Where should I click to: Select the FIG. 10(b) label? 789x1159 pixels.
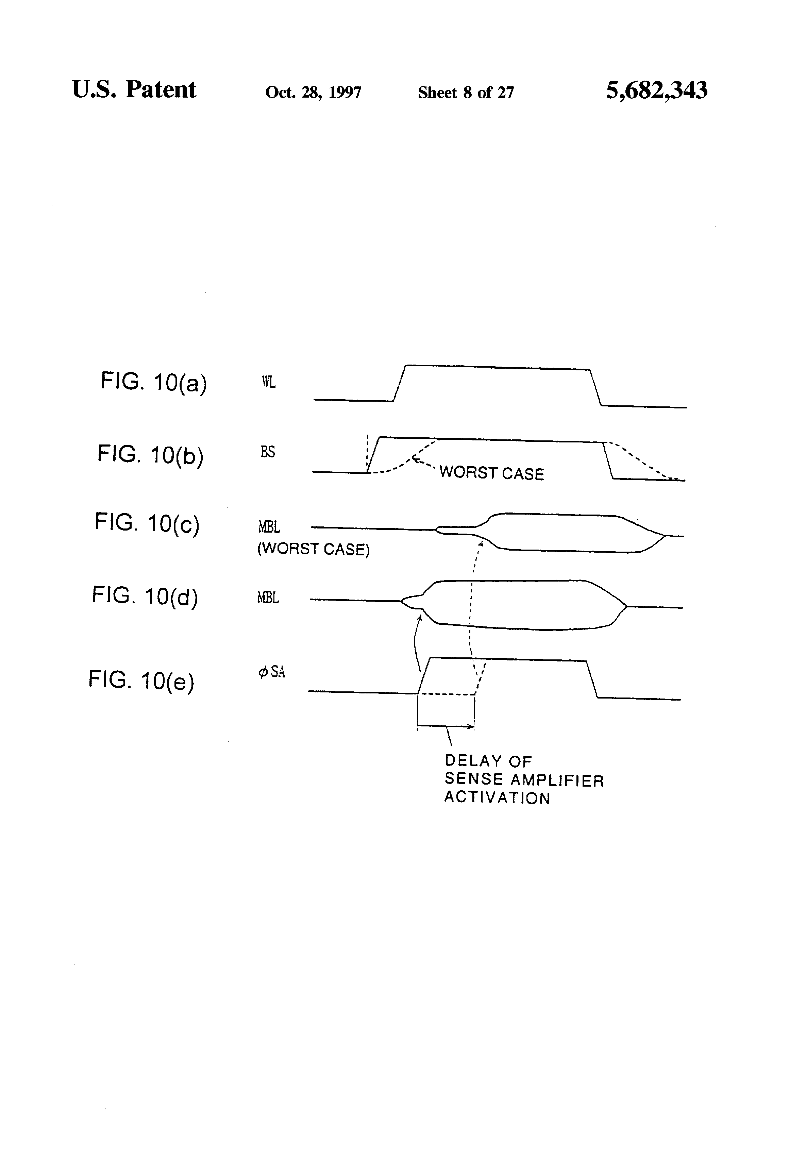coord(150,455)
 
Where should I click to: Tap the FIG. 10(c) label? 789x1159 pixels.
coord(147,523)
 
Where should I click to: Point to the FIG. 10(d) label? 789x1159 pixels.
coord(145,596)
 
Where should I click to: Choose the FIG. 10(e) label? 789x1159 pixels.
coord(141,680)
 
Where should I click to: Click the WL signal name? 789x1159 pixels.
coord(268,383)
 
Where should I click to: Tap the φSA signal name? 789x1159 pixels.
coord(272,672)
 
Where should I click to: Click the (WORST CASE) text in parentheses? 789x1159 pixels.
coord(313,549)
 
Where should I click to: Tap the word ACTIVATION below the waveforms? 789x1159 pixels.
coord(497,798)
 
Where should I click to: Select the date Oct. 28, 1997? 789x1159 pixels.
coord(313,92)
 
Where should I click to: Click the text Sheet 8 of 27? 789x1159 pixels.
coord(466,92)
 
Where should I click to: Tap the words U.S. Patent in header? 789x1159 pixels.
coord(134,90)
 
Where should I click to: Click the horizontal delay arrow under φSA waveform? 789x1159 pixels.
coord(446,726)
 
